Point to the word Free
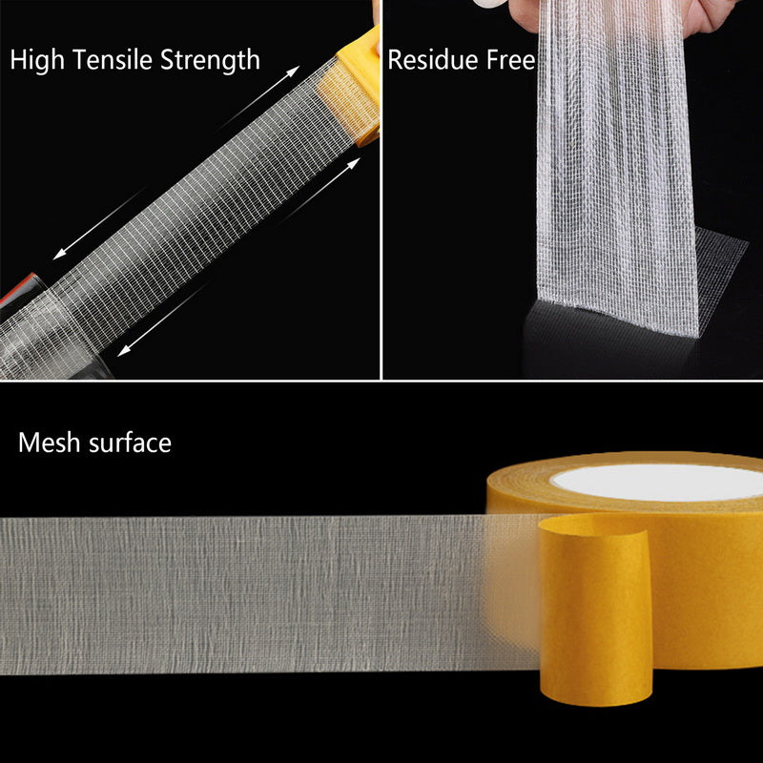(x=509, y=61)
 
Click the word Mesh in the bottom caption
(x=47, y=443)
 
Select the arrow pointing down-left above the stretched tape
(x=86, y=236)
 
